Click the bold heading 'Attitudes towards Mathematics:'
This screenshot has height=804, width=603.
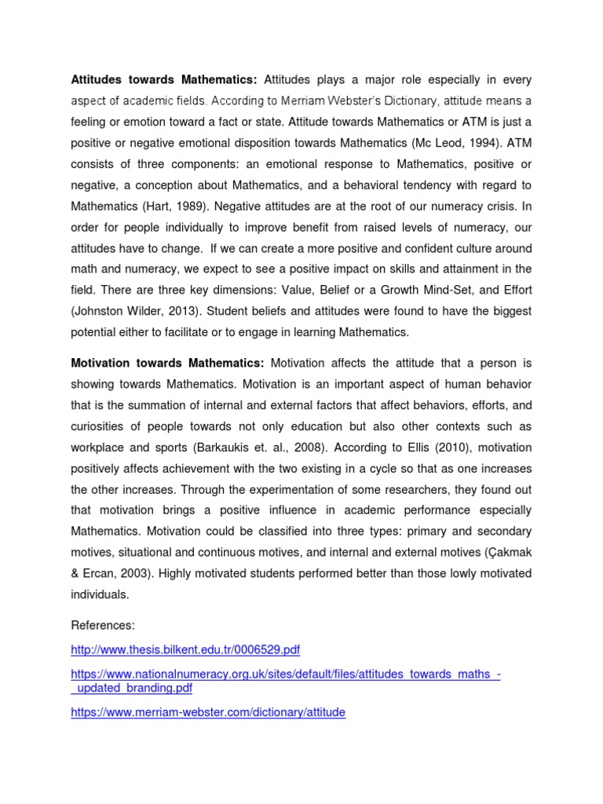(164, 79)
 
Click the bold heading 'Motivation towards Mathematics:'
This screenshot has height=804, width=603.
(167, 363)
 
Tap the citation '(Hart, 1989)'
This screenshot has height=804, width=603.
(175, 206)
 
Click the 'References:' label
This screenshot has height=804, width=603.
(103, 625)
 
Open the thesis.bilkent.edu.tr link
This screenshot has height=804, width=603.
(185, 650)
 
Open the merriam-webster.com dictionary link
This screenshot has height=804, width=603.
(208, 713)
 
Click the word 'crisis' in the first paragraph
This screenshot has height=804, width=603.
(498, 206)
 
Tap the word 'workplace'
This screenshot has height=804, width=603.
(97, 448)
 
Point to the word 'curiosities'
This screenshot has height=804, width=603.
(100, 426)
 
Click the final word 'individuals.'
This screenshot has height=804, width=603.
(100, 594)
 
